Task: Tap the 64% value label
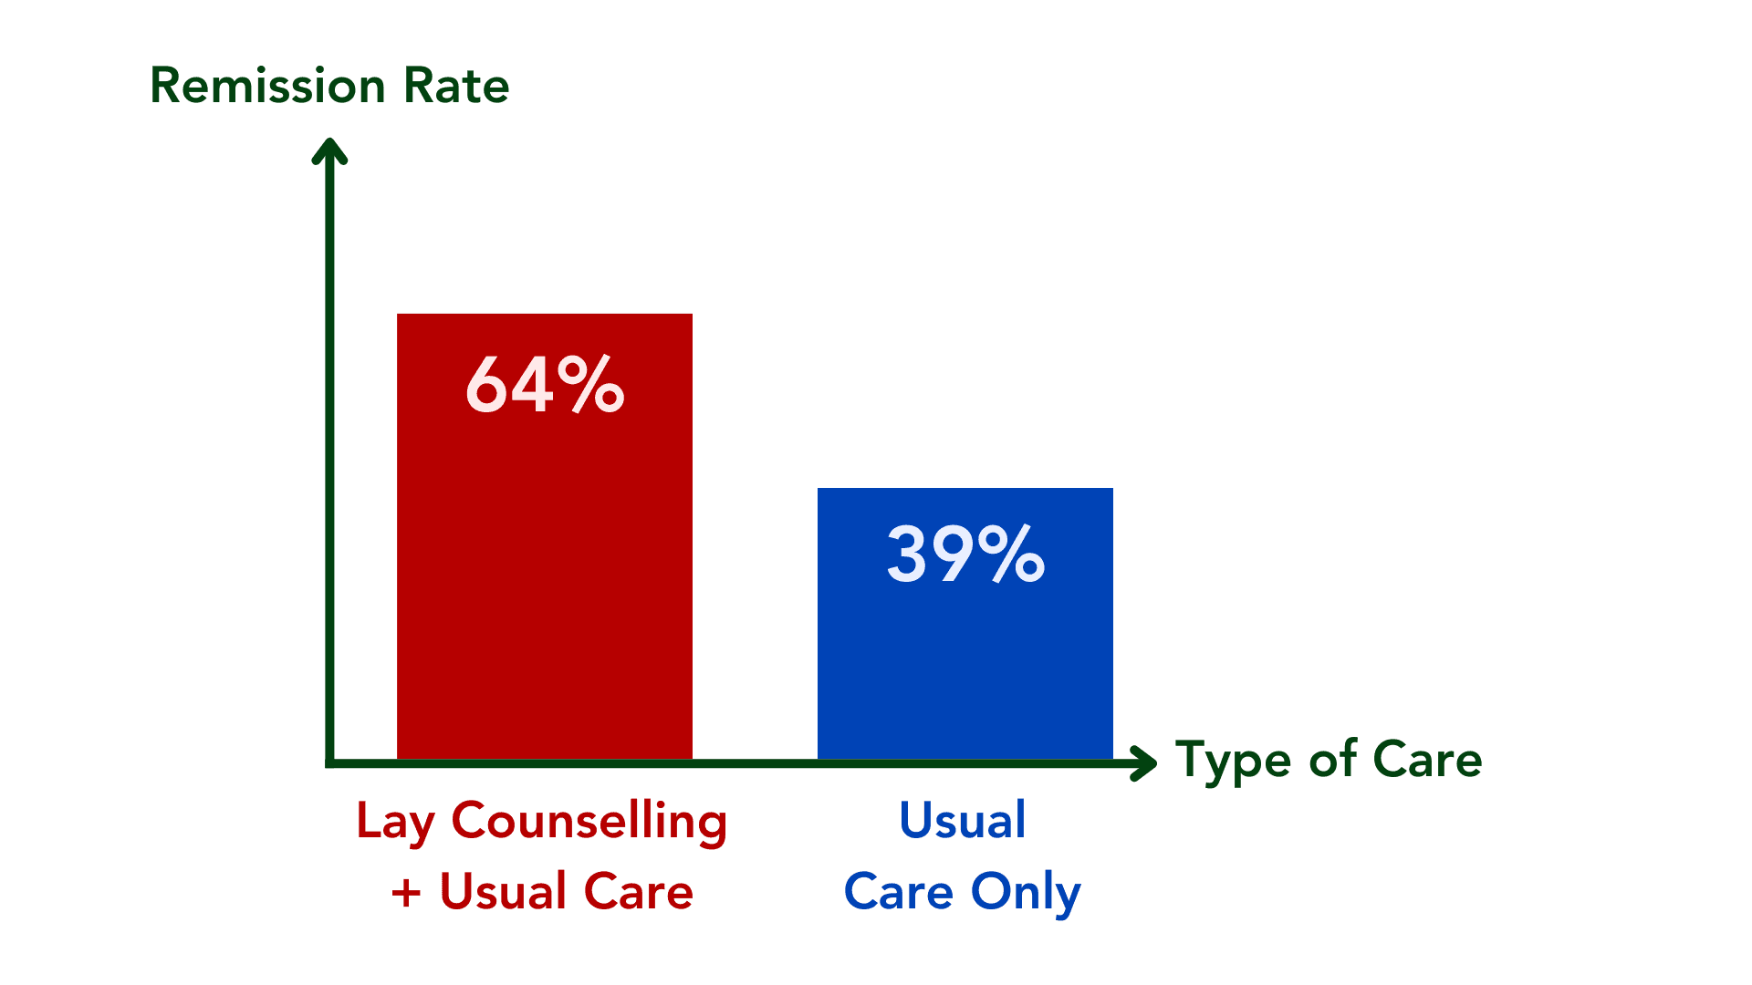(x=545, y=385)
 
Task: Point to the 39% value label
(x=965, y=553)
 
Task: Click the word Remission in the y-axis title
(x=268, y=87)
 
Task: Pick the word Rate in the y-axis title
(x=456, y=87)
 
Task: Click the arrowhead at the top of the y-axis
(x=329, y=150)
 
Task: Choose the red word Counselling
(x=589, y=822)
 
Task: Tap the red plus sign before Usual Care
(x=406, y=893)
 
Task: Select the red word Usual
(x=504, y=891)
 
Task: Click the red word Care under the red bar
(x=638, y=891)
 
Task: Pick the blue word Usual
(x=963, y=820)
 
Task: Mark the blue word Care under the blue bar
(x=899, y=892)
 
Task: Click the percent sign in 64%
(x=591, y=385)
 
